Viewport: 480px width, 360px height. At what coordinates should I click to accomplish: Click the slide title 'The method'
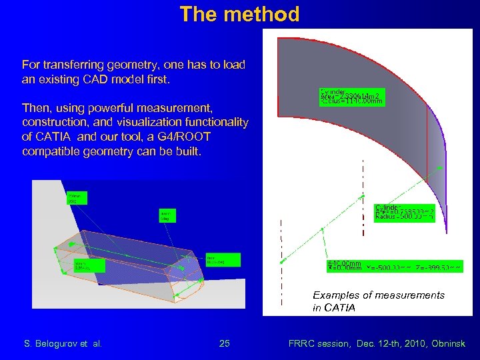click(239, 14)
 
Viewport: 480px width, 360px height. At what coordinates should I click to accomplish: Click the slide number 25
click(225, 343)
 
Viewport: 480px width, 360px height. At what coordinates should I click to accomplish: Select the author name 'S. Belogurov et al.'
click(63, 343)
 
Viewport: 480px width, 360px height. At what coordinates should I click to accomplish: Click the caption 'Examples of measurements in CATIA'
click(378, 301)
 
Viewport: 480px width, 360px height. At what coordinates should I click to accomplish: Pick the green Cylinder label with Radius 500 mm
click(404, 213)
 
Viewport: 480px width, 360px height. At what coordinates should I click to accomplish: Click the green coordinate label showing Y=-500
click(394, 267)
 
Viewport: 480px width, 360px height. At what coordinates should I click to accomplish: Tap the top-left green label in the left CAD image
click(77, 198)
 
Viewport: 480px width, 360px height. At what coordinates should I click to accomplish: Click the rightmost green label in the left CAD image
click(223, 259)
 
